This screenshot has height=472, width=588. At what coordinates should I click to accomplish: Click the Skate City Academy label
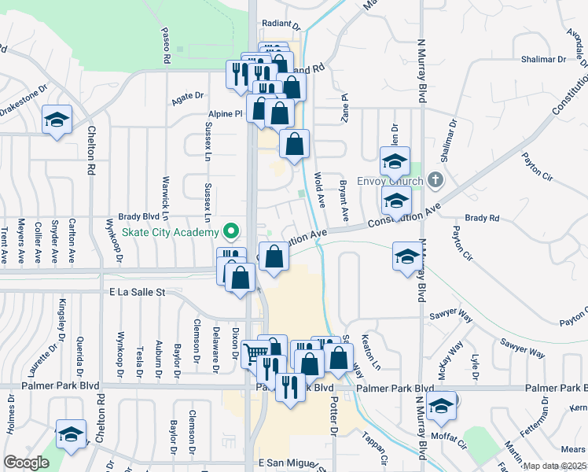coord(169,233)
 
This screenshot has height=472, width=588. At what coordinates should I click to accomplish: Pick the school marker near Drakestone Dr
coord(57,120)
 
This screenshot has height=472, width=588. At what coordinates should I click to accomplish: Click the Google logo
coord(26,463)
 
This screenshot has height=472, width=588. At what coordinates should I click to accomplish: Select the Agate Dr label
coord(188,98)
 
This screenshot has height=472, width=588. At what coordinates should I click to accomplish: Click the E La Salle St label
coord(138,291)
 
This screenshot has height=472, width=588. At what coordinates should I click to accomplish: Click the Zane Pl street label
coord(344,102)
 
